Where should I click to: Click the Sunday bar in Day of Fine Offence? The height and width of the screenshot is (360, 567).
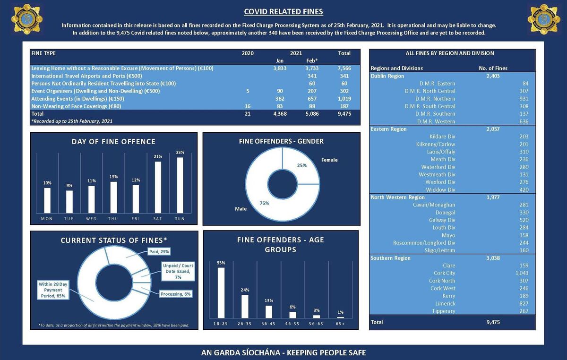(x=180, y=185)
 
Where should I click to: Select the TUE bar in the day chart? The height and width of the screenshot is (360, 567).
(x=69, y=201)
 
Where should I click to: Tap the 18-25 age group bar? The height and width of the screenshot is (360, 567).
(x=221, y=292)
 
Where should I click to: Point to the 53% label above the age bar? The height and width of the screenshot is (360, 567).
(x=221, y=263)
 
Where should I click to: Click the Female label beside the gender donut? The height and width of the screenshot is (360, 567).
(x=329, y=160)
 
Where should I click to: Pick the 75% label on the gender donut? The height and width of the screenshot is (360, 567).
(x=264, y=203)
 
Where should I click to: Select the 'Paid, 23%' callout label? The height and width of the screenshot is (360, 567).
(x=159, y=251)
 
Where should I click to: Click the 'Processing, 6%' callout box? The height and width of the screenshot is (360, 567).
(x=176, y=294)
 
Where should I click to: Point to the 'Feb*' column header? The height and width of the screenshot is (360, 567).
(x=312, y=60)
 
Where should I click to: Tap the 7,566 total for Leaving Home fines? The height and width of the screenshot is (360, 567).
(x=344, y=68)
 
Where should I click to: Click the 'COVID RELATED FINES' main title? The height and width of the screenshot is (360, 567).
(x=283, y=12)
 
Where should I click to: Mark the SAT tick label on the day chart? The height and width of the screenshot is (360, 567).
(x=157, y=219)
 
